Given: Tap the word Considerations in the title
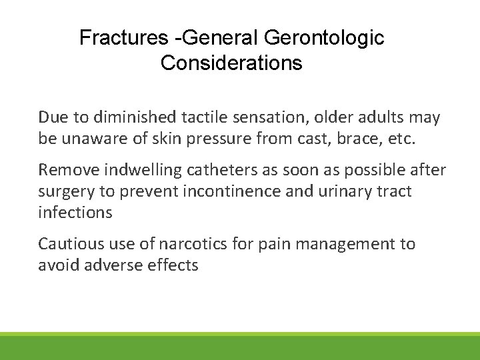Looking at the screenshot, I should pos(231,63).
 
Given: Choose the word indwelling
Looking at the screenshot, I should pos(136,171).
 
